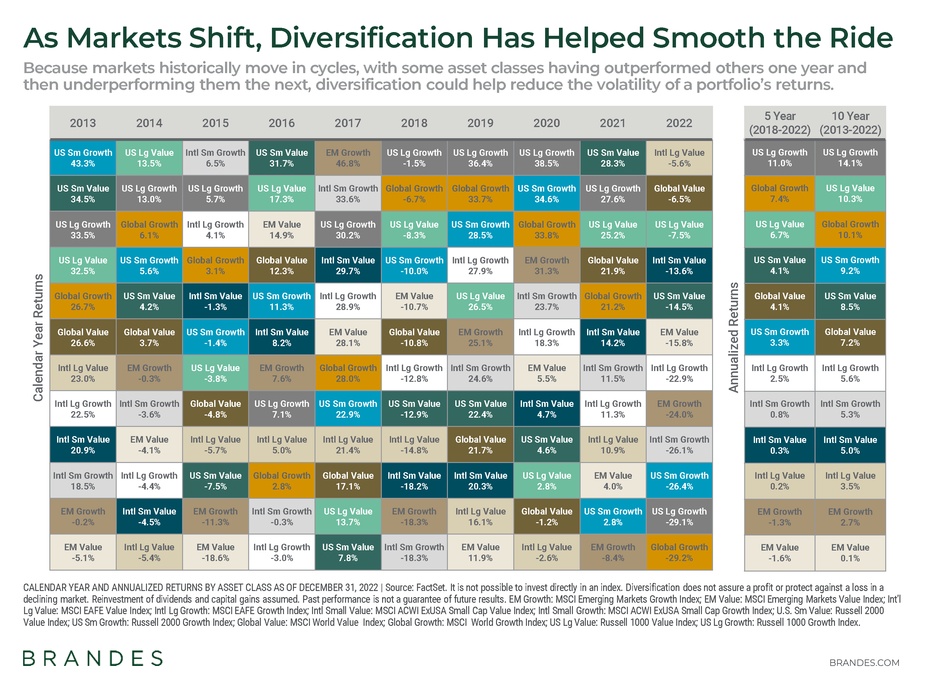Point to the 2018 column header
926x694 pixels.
click(414, 123)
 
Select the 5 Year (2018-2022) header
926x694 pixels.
click(779, 123)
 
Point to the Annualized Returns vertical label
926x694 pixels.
click(733, 337)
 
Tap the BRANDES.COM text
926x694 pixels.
click(864, 663)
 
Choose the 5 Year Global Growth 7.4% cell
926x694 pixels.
click(779, 193)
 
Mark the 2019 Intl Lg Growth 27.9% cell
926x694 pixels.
click(480, 265)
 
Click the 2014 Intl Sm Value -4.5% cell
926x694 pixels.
click(149, 516)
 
